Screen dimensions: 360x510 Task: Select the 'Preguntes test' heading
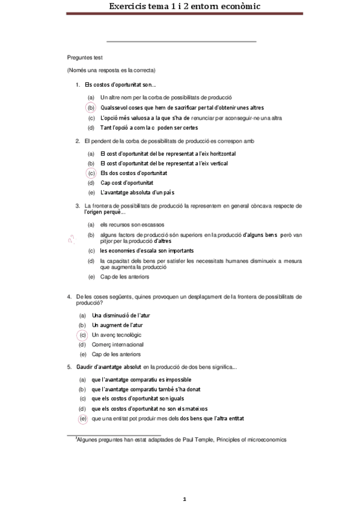pyautogui.click(x=85, y=57)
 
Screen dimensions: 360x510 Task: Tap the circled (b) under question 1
pyautogui.click(x=91, y=108)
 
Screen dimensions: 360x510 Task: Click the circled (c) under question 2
pyautogui.click(x=91, y=173)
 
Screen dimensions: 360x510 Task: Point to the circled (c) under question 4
pyautogui.click(x=83, y=334)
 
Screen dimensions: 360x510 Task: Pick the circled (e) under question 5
pyautogui.click(x=83, y=419)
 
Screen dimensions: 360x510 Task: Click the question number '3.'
pyautogui.click(x=78, y=206)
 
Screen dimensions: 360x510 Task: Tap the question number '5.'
pyautogui.click(x=70, y=367)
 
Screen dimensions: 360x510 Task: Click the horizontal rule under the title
pyautogui.click(x=181, y=41)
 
